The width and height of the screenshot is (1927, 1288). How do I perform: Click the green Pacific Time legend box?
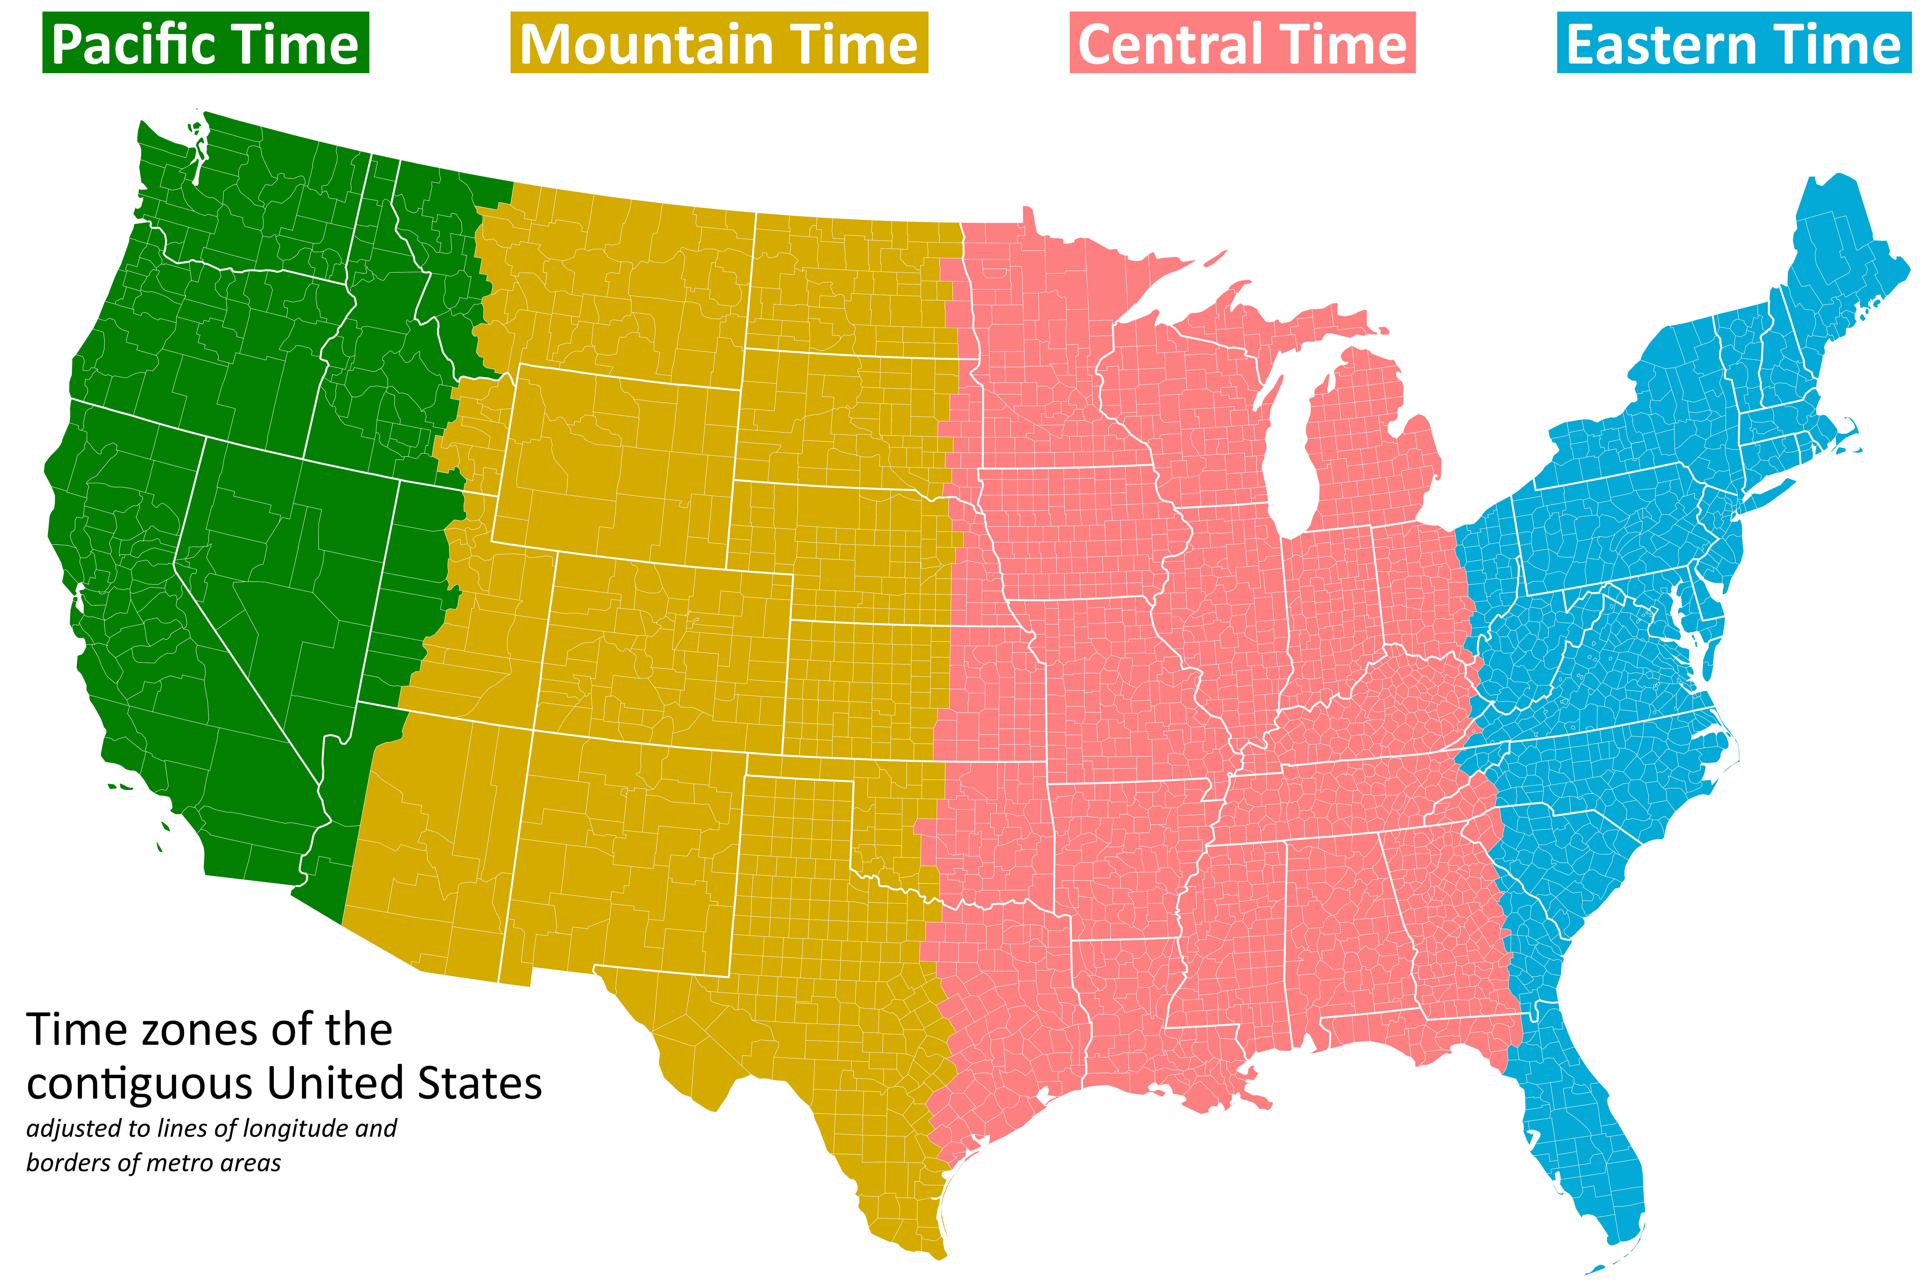tap(205, 43)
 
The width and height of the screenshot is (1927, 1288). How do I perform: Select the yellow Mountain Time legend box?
tap(719, 43)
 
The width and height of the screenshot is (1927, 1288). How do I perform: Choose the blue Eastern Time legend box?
tap(1733, 43)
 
